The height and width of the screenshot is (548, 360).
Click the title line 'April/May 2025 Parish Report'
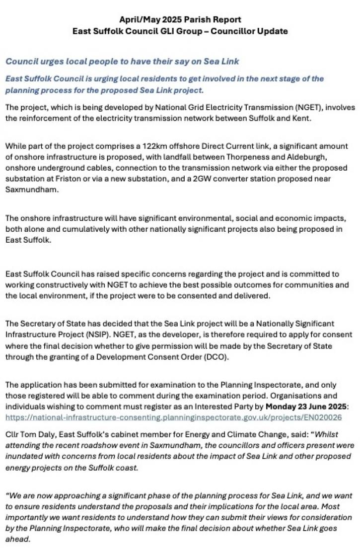point(180,20)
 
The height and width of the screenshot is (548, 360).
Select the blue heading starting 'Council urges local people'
point(122,61)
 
